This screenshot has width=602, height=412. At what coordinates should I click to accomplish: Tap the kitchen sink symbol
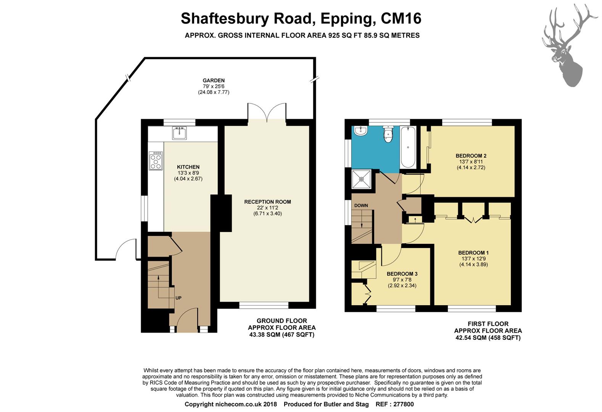click(179, 133)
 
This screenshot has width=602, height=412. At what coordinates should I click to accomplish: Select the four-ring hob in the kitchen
click(156, 161)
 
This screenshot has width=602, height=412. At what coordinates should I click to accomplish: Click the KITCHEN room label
click(188, 167)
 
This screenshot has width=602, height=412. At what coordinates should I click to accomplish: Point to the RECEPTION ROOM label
click(267, 202)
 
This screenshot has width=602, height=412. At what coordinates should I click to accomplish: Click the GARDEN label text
click(214, 80)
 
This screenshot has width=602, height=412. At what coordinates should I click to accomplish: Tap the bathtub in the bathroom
click(408, 147)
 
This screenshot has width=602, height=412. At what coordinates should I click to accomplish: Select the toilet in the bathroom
click(388, 134)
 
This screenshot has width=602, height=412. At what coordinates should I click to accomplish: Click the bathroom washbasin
click(361, 131)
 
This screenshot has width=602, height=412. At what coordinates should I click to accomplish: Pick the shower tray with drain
click(362, 179)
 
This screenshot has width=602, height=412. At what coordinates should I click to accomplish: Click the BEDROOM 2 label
click(471, 156)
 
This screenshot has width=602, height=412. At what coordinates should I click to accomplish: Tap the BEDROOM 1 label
click(473, 253)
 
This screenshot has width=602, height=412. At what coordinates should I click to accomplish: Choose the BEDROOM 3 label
click(402, 274)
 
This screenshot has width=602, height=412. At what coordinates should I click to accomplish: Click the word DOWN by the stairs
click(361, 206)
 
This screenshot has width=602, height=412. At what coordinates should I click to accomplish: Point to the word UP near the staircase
click(179, 298)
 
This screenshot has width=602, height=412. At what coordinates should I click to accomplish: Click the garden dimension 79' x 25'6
click(214, 86)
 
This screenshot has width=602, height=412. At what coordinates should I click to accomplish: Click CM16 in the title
click(401, 19)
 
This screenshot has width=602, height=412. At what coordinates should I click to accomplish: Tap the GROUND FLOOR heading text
click(282, 320)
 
